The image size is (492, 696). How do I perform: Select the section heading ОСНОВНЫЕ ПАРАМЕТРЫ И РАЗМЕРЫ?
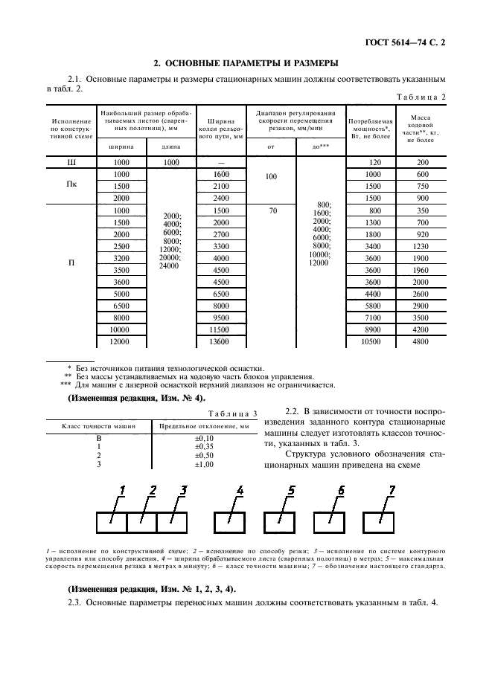[246, 62]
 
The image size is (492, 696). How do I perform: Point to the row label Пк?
[72, 186]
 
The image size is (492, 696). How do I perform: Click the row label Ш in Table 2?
[72, 161]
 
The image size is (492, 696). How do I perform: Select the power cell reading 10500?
[370, 341]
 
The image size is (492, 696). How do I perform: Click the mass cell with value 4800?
[421, 341]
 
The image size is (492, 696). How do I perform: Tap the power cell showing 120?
[370, 161]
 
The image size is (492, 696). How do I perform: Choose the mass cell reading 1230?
[421, 246]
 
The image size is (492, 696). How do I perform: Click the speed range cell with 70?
[272, 210]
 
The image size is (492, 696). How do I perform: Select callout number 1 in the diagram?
[122, 490]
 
